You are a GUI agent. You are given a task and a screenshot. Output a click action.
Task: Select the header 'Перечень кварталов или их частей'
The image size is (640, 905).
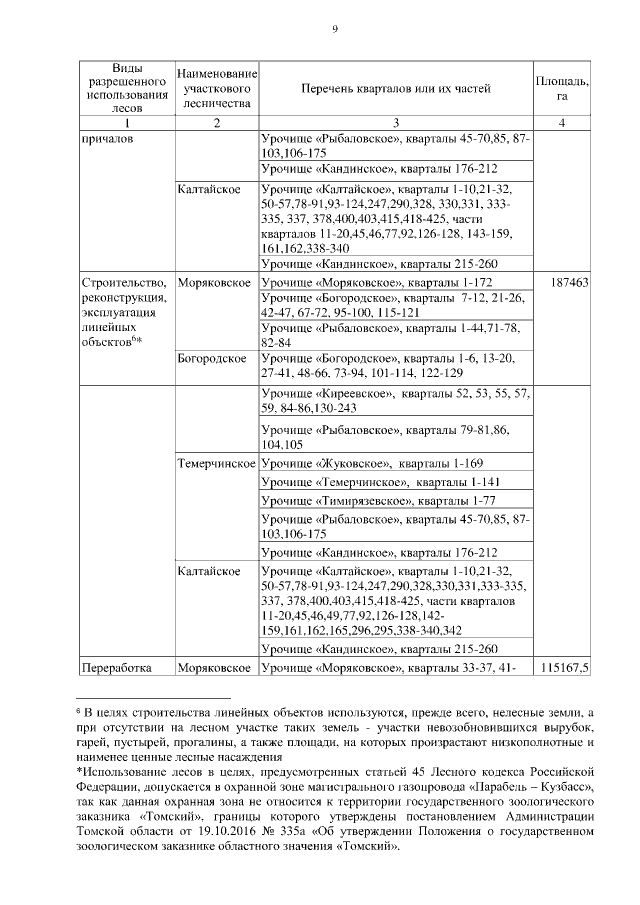point(396,89)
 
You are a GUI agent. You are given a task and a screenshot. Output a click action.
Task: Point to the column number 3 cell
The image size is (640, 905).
point(396,123)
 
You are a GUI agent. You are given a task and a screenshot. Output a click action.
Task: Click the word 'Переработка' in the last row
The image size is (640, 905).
point(114,666)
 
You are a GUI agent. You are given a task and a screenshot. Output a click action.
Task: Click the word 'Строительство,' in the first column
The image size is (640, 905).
point(118,283)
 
